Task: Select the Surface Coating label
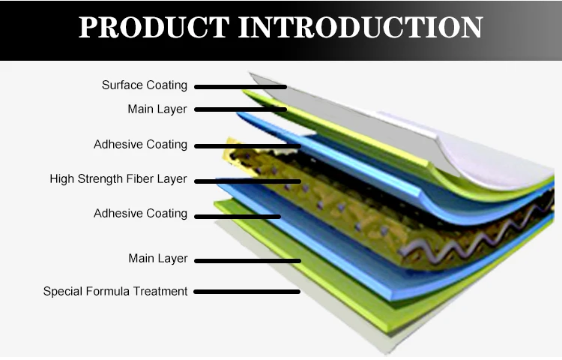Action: [145, 85]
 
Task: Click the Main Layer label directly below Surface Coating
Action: [157, 109]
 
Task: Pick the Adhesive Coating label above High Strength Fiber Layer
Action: [140, 145]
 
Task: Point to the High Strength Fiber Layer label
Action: [118, 180]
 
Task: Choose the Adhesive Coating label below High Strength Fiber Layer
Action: [140, 214]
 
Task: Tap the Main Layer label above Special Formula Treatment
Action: [157, 259]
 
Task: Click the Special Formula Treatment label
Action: [115, 291]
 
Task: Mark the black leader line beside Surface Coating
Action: [241, 87]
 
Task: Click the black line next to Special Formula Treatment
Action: [247, 292]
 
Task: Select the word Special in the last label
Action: [62, 291]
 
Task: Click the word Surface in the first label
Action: [121, 85]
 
